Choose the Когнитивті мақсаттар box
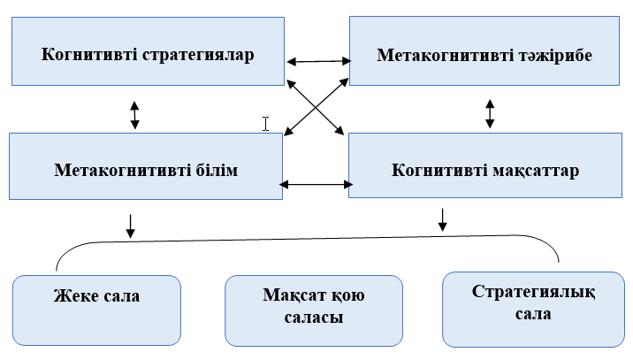point(485,169)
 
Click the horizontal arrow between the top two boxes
point(318,61)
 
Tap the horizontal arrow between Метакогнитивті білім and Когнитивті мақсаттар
point(316,185)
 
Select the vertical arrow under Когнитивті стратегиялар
point(134,115)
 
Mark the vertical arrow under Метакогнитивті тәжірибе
point(490,112)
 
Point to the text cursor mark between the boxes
point(265,125)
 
